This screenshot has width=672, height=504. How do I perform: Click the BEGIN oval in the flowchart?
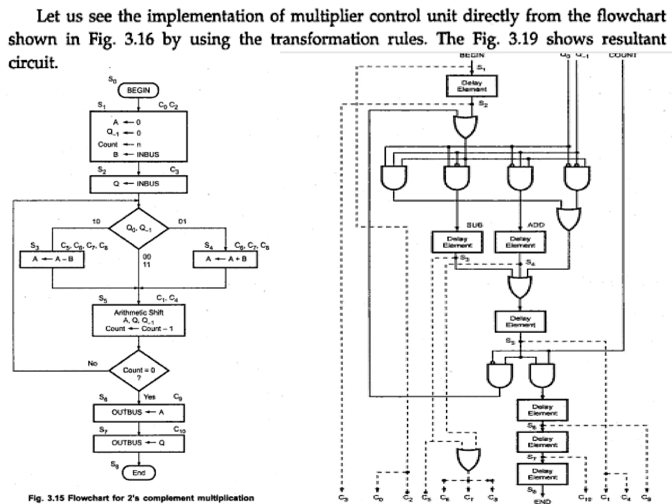click(138, 90)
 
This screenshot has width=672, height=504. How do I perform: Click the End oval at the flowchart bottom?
click(138, 473)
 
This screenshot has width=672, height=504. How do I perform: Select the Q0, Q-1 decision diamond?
click(138, 228)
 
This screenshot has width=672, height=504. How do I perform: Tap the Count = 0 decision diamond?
click(138, 370)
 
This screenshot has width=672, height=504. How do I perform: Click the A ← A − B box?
click(52, 259)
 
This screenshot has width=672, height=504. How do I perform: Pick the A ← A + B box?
click(225, 259)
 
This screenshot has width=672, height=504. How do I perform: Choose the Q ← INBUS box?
click(138, 184)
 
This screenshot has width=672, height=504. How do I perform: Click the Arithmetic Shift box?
click(138, 320)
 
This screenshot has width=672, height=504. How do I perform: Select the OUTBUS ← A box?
click(138, 412)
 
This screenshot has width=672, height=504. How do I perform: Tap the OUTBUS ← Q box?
click(138, 443)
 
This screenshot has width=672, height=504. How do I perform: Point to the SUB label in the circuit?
click(474, 225)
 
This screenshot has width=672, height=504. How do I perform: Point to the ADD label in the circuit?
click(536, 225)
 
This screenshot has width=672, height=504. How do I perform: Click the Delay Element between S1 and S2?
click(472, 86)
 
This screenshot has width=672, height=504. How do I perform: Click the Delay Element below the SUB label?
click(457, 242)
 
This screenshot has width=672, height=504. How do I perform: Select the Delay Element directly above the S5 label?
click(520, 322)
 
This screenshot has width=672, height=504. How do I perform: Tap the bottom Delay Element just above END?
click(542, 474)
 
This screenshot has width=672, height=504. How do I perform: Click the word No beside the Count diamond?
click(93, 363)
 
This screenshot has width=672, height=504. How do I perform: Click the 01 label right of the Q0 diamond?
click(182, 221)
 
